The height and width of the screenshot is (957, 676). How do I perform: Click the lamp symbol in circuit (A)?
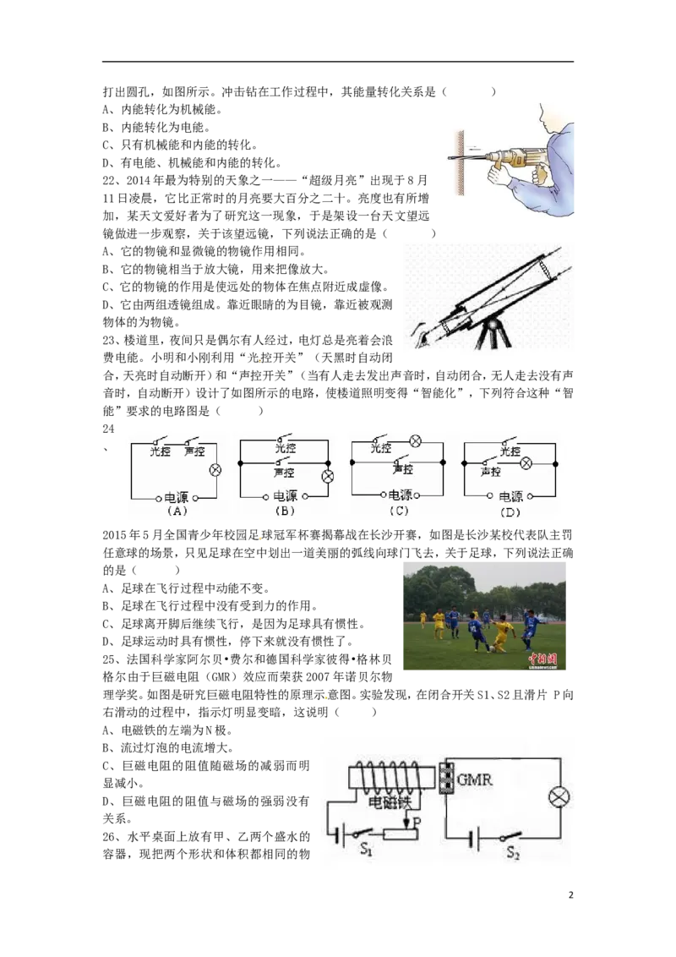[x=215, y=470]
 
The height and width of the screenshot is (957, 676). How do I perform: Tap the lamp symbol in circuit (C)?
[x=416, y=440]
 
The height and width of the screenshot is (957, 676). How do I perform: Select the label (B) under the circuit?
[x=285, y=511]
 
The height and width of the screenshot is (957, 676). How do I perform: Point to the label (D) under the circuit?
[x=510, y=512]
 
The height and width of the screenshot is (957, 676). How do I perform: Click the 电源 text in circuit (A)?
[x=177, y=498]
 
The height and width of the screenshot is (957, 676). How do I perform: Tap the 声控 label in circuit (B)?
[x=284, y=473]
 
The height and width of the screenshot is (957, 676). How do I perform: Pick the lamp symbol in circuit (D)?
[x=526, y=464]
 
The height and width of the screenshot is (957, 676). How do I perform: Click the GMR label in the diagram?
[x=475, y=779]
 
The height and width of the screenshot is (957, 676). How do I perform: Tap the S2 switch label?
[x=513, y=852]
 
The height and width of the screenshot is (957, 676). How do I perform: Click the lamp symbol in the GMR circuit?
[x=559, y=798]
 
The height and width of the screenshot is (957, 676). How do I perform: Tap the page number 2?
[x=571, y=895]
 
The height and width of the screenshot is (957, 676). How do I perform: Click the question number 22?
[x=109, y=181]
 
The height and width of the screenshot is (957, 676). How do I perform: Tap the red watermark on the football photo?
[x=542, y=659]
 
